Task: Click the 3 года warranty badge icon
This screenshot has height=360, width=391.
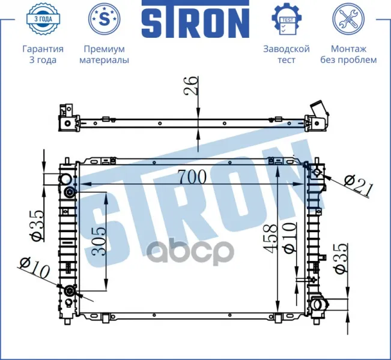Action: pyautogui.click(x=43, y=19)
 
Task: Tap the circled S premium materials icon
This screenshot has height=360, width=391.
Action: pyautogui.click(x=105, y=19)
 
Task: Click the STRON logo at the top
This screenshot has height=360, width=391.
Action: pyautogui.click(x=196, y=19)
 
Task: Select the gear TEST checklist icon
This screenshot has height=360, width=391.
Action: pyautogui.click(x=287, y=19)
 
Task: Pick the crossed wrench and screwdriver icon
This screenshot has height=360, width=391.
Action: pyautogui.click(x=348, y=19)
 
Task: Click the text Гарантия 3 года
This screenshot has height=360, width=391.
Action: pyautogui.click(x=43, y=55)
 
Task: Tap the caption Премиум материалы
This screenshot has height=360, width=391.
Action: pyautogui.click(x=105, y=55)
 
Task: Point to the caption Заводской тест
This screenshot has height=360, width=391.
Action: pyautogui.click(x=286, y=55)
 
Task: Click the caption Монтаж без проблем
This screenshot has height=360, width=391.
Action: pyautogui.click(x=348, y=55)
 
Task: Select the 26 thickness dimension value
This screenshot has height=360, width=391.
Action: pyautogui.click(x=191, y=86)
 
